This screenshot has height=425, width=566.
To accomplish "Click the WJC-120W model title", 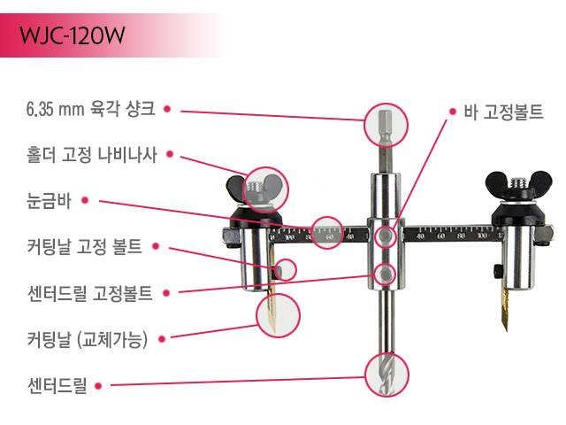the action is tap(73, 35).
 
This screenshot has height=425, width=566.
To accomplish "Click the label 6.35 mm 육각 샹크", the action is tap(90, 108).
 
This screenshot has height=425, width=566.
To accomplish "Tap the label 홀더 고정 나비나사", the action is tap(92, 155).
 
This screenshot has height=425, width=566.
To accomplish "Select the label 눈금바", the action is tap(49, 201).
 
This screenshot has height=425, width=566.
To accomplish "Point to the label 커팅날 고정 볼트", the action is tap(85, 246).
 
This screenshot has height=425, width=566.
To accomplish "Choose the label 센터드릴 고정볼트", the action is tap(90, 293).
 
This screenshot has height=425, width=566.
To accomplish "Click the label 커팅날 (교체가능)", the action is tap(88, 339).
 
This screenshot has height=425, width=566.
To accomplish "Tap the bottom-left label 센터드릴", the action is tap(57, 385).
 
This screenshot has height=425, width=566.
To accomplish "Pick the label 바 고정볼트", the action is tap(503, 112).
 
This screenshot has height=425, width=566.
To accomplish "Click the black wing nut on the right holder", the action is tap(519, 183).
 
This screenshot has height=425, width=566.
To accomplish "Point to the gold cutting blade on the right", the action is tap(504, 310).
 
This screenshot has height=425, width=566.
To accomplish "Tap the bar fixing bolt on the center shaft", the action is tap(386, 236).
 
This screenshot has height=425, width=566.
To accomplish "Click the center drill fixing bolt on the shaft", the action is tap(386, 274).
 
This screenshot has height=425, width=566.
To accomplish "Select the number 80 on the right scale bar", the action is tap(461, 236).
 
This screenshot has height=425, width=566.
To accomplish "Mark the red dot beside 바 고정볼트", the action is tap(453, 112).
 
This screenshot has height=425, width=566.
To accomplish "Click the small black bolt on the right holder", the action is tap(497, 272).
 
